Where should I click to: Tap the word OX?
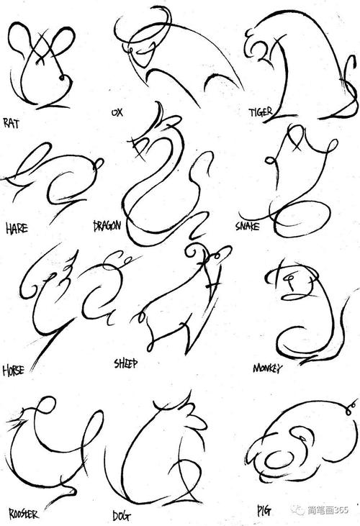pos(117,113)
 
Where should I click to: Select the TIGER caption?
pos(260,113)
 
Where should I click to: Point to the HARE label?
pos(17,230)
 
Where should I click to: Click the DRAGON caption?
pos(108,226)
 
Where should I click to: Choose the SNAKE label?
pos(247,227)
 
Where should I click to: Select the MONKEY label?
pos(267,368)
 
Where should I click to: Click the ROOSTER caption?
pos(24,514)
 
